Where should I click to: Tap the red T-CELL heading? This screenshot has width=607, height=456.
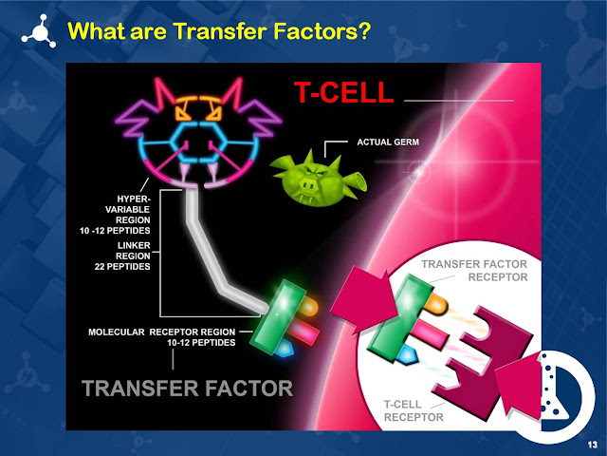(x=341, y=93)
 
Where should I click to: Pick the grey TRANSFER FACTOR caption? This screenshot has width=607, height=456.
(x=187, y=388)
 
